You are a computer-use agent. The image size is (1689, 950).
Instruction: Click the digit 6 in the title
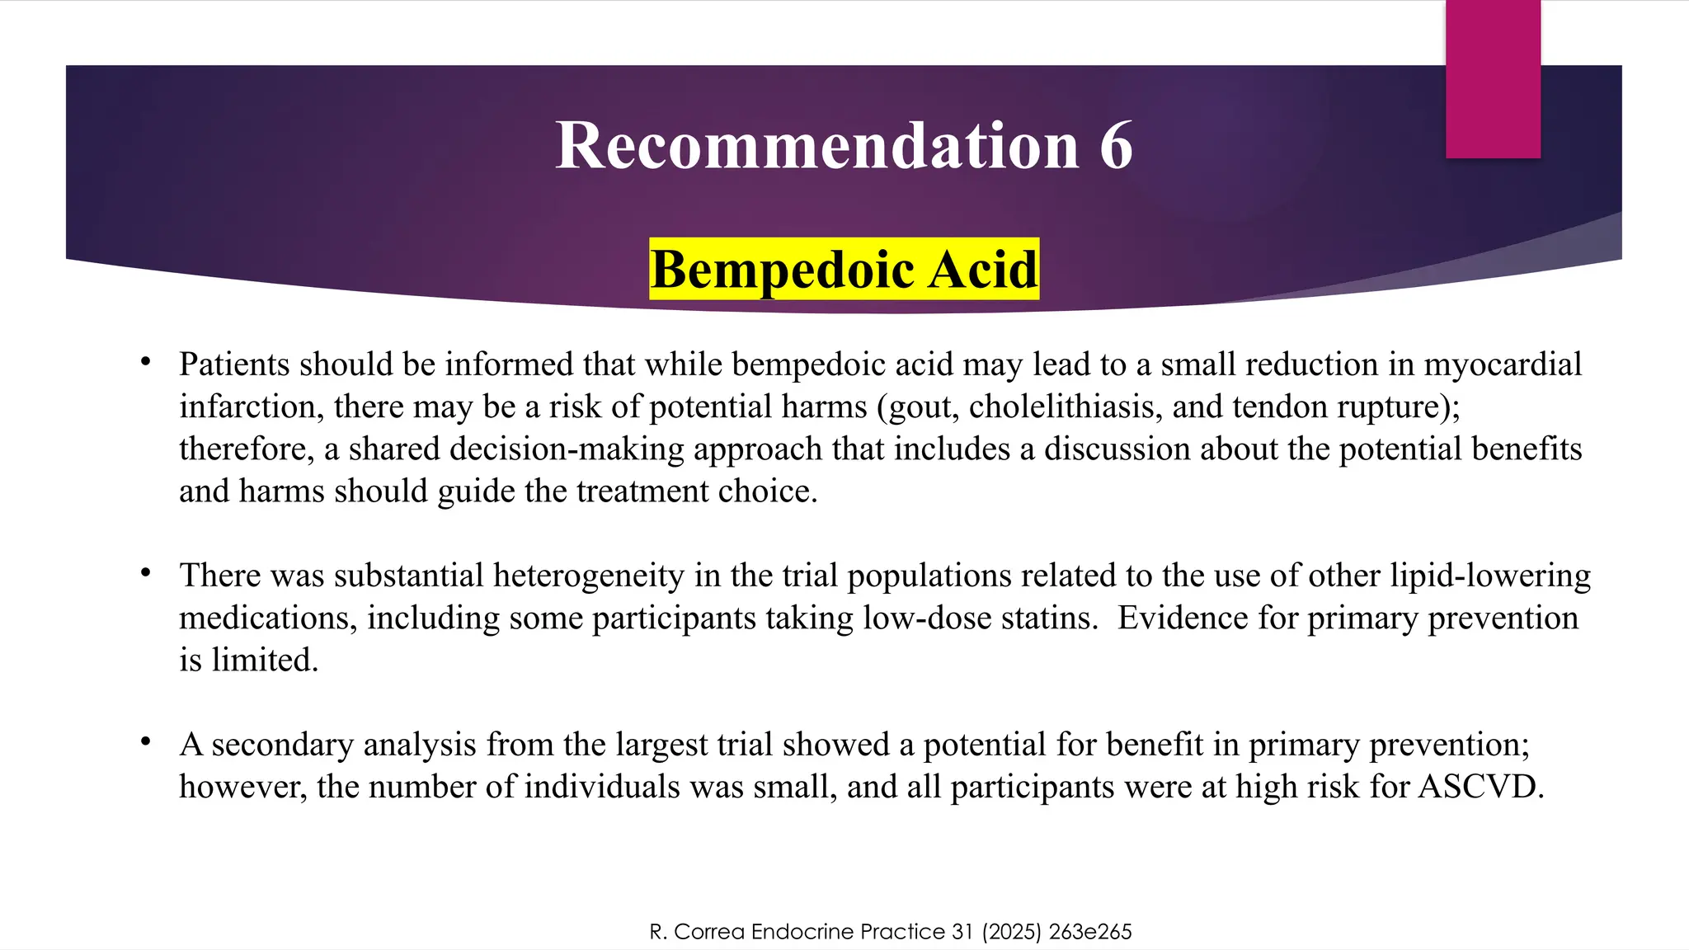pyautogui.click(x=1116, y=146)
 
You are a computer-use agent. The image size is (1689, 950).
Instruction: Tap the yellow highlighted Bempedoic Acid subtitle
pyautogui.click(x=844, y=270)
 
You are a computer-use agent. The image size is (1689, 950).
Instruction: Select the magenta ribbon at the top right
pyautogui.click(x=1493, y=78)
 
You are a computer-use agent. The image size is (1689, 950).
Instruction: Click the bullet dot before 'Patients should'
pyautogui.click(x=146, y=362)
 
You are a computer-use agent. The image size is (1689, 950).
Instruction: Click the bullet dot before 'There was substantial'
pyautogui.click(x=146, y=572)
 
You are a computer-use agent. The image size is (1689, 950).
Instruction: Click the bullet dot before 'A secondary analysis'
pyautogui.click(x=146, y=741)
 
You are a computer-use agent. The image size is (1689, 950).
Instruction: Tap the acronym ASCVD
pyautogui.click(x=1480, y=787)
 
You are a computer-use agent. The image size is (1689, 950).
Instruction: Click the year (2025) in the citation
pyautogui.click(x=1011, y=932)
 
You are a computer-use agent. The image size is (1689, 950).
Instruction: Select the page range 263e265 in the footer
pyautogui.click(x=1090, y=932)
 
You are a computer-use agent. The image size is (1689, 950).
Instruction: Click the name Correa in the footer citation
pyautogui.click(x=710, y=932)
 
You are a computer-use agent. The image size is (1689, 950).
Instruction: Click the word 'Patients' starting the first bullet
pyautogui.click(x=233, y=364)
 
